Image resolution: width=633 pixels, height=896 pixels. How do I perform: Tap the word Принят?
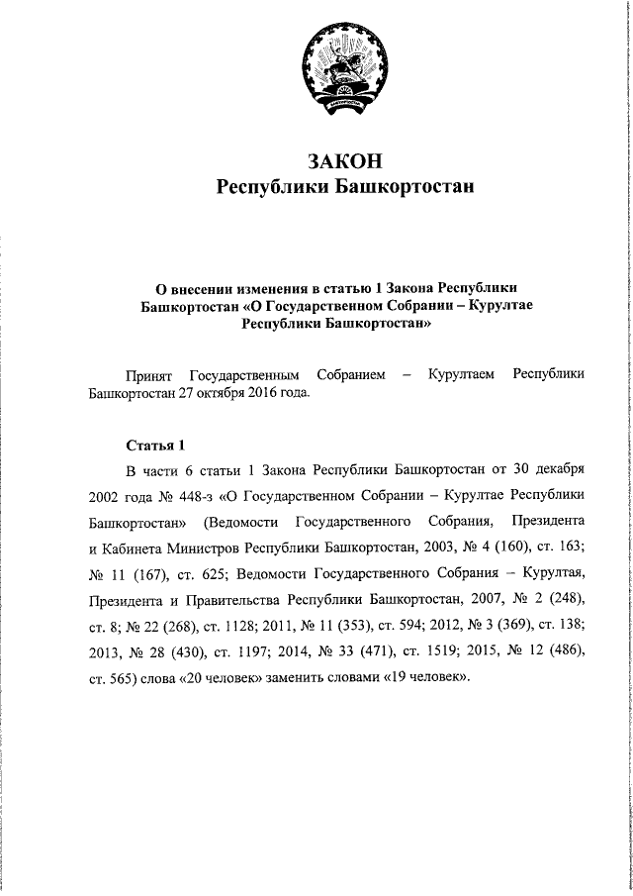[149, 374]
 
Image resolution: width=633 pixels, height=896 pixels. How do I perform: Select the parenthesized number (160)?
[504, 547]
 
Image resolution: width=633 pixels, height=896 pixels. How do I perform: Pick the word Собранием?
[350, 374]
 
